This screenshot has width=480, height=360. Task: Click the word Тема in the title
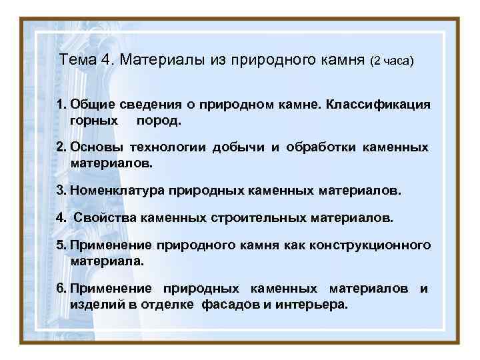pyautogui.click(x=78, y=60)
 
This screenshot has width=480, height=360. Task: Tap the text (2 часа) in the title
pyautogui.click(x=393, y=61)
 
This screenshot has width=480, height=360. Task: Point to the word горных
pyautogui.click(x=93, y=121)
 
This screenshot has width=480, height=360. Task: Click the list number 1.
pyautogui.click(x=60, y=105)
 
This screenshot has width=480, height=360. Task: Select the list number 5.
pyautogui.click(x=60, y=245)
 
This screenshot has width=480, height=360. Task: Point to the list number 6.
pyautogui.click(x=61, y=289)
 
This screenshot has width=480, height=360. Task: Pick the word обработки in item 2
pyautogui.click(x=323, y=147)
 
